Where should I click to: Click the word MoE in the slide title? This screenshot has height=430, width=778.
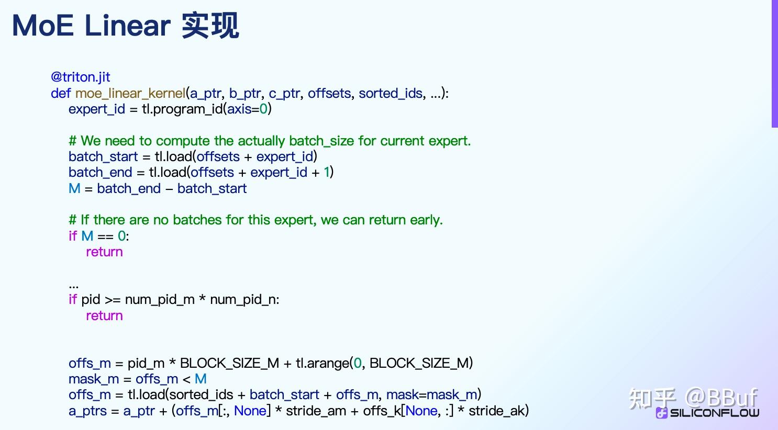coord(43,26)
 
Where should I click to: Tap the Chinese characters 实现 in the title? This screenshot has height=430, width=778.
coord(210,26)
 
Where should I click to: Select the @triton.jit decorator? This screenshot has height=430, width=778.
coord(80,77)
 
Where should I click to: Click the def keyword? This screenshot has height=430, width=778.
coord(61,94)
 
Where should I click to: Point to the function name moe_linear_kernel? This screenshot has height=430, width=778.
coord(130,94)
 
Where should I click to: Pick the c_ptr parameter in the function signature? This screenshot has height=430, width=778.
coord(284,94)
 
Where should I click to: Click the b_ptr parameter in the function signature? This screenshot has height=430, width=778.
coord(244,94)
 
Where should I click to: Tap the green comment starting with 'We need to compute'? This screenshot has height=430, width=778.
coord(270,141)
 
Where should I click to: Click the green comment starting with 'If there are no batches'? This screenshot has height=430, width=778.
coord(255,220)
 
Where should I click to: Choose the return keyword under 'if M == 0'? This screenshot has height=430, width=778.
coord(104,252)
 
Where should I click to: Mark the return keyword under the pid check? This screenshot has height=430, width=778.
coord(104,316)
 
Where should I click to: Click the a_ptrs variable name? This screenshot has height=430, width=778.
coord(87,411)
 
